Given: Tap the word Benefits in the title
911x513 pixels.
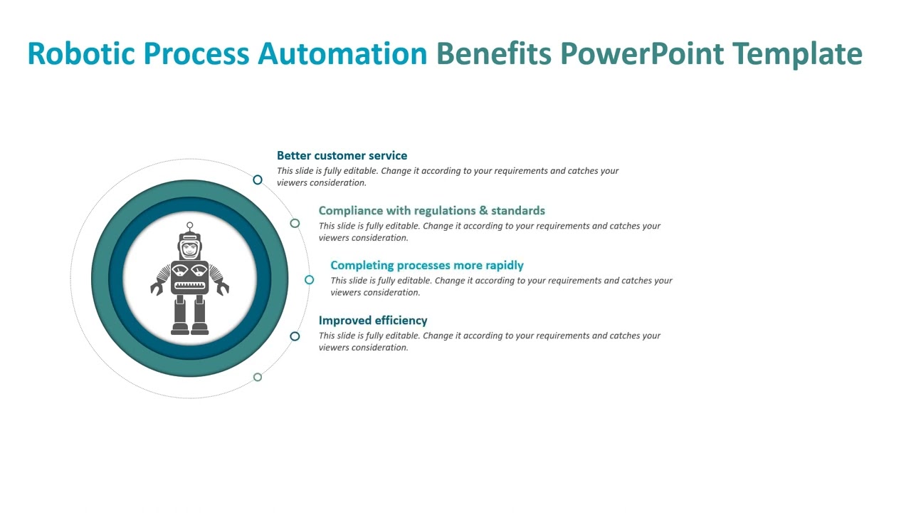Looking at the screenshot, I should click(493, 54).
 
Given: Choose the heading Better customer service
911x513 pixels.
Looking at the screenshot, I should click(342, 155).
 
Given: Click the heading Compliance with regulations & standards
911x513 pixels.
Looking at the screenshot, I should click(431, 210).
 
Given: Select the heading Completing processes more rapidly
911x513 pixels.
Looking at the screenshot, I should click(426, 265).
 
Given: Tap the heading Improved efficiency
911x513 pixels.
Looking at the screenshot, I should click(373, 320).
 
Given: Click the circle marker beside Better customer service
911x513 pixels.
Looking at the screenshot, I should click(258, 180).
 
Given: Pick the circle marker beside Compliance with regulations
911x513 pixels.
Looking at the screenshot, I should click(295, 223).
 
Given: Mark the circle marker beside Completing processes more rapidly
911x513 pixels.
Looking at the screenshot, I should click(309, 280).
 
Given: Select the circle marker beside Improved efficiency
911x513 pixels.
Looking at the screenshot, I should click(295, 336).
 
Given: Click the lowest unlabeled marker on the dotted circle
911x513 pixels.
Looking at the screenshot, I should click(258, 377).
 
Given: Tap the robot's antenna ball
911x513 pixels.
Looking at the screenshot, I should click(190, 226).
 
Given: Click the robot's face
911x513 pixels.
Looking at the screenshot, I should click(190, 249).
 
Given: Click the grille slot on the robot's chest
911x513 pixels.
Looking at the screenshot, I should click(190, 285).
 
